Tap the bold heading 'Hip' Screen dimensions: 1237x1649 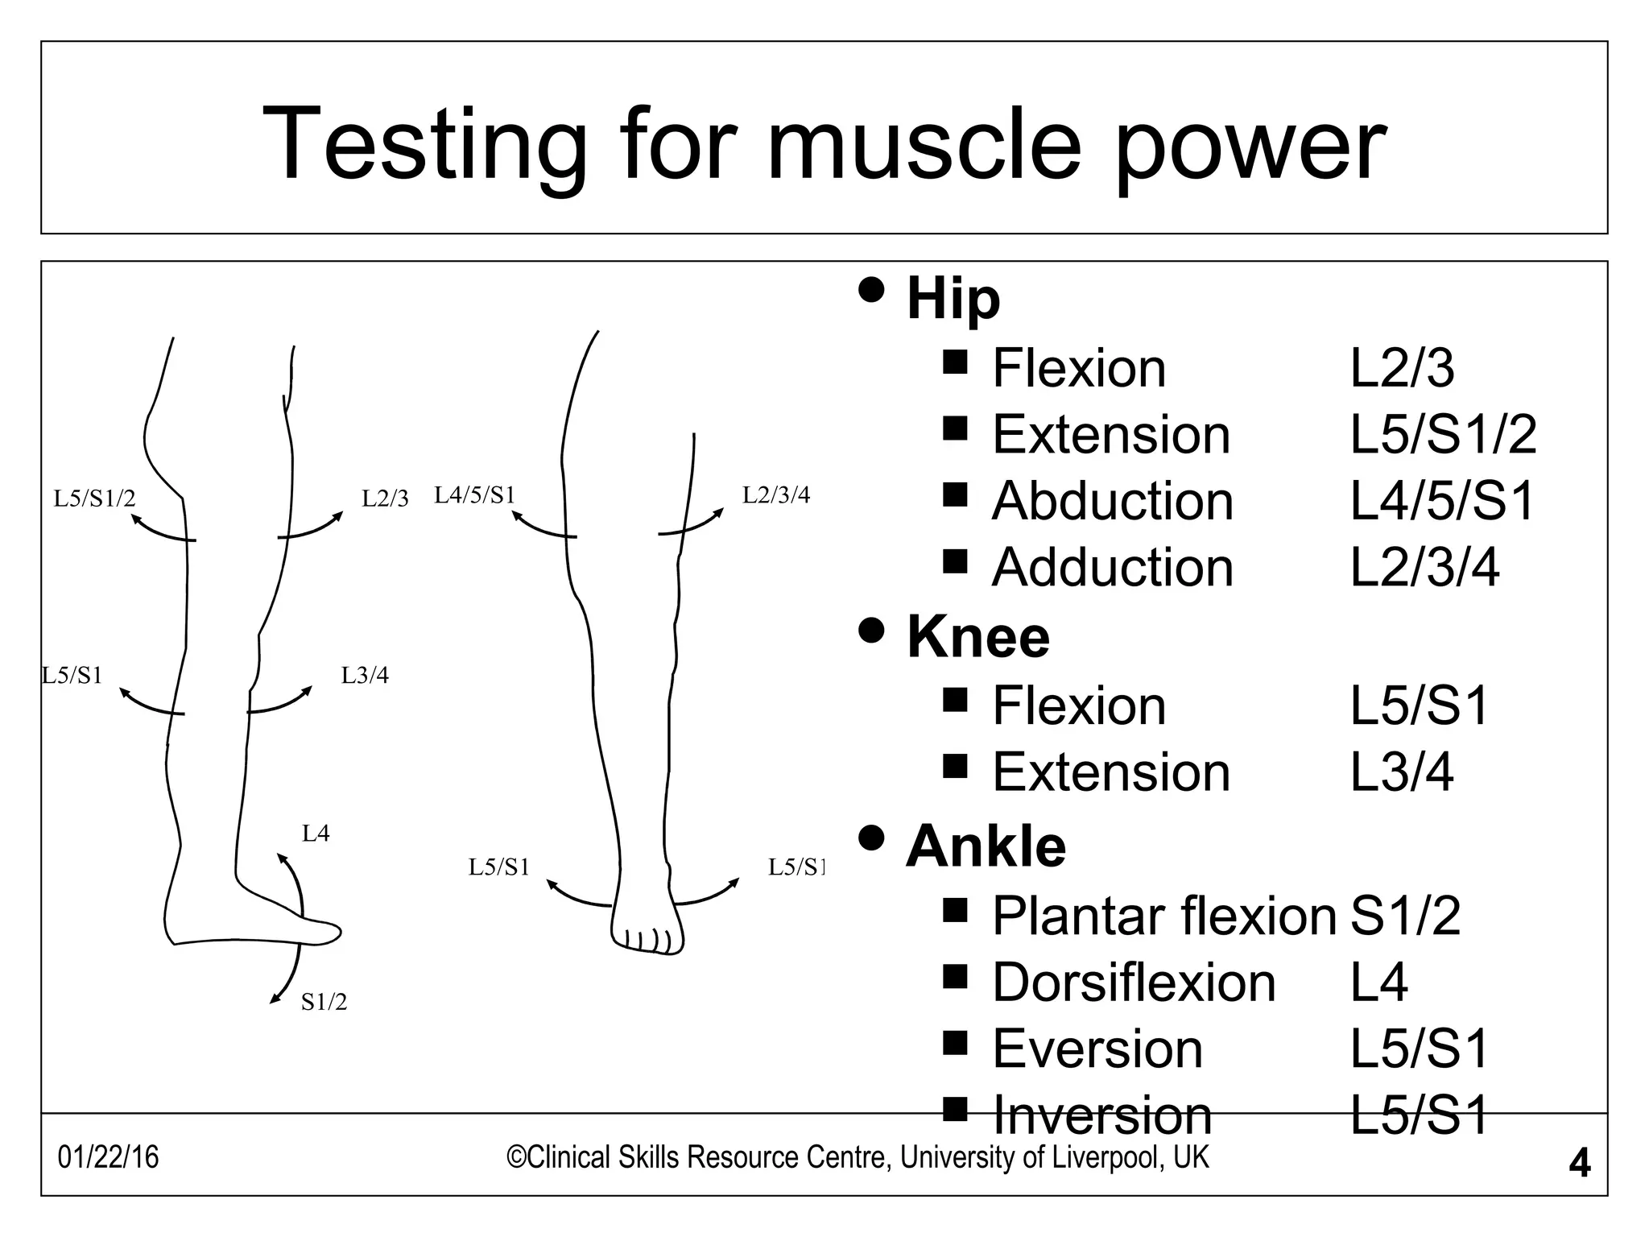coord(953,299)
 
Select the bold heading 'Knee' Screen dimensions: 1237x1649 coord(978,637)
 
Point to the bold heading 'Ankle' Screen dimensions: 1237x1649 coord(986,846)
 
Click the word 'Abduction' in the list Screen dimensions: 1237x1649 coord(1112,501)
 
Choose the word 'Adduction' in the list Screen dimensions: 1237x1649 coord(1112,568)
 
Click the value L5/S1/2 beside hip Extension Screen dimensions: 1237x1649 coord(1443,435)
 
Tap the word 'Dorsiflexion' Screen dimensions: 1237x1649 coord(1134,983)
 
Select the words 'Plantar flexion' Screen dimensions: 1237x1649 coord(1163,916)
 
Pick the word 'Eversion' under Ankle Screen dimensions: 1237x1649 coord(1097,1049)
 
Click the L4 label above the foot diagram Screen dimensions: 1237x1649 coord(316,834)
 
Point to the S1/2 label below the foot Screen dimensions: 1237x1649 coord(324,1002)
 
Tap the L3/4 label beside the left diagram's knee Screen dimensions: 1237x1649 coord(365,675)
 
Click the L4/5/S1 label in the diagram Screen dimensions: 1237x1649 coord(474,494)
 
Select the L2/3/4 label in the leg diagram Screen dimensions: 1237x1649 coord(775,494)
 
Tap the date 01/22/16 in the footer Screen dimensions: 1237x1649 coord(108,1157)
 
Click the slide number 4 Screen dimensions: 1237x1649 coord(1580,1164)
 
